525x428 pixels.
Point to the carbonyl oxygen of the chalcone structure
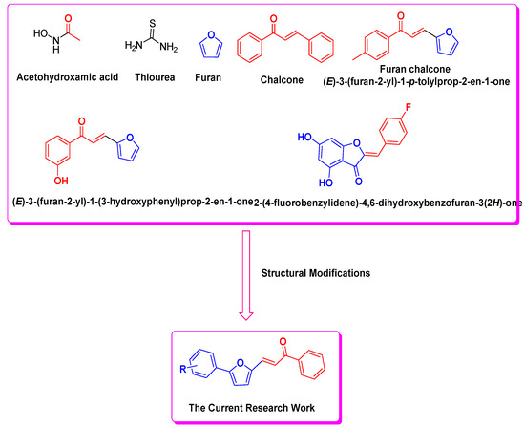click(286, 17)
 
